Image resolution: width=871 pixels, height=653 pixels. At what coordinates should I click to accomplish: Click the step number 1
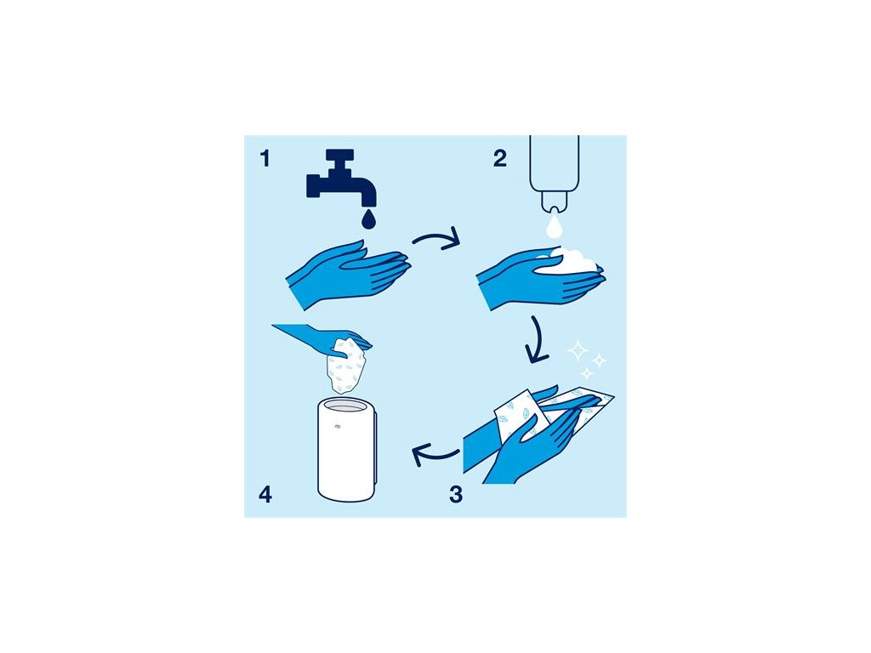tap(265, 158)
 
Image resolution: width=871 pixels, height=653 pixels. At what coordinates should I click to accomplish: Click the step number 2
tap(500, 158)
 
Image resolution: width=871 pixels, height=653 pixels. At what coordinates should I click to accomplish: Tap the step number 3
tap(456, 494)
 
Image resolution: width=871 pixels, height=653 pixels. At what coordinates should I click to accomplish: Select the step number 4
tap(265, 494)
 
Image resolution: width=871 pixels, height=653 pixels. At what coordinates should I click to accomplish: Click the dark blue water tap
tap(340, 177)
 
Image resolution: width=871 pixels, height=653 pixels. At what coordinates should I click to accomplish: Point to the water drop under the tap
tap(368, 219)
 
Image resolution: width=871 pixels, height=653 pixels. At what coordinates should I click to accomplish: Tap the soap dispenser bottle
tap(555, 172)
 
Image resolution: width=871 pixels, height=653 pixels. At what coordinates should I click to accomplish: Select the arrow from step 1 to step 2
tap(438, 238)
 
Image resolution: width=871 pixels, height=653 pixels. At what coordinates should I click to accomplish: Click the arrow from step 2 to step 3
tap(537, 340)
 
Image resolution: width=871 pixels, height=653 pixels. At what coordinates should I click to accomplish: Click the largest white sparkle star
tap(578, 350)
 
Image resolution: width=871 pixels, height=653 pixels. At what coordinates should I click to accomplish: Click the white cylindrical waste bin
tap(347, 450)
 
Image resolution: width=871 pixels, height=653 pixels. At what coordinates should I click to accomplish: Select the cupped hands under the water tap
tap(349, 274)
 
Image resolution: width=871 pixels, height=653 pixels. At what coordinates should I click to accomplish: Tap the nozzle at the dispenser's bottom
tap(554, 203)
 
